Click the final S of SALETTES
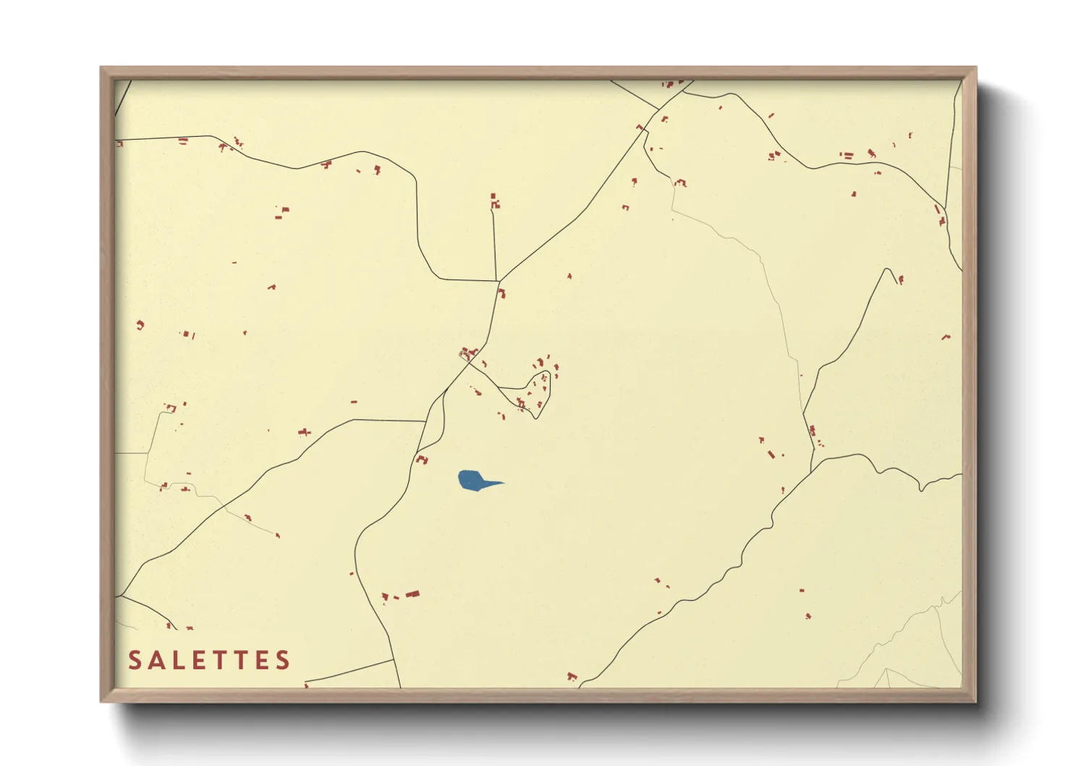point(282,660)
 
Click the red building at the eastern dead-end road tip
point(901,279)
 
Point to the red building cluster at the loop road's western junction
point(468,354)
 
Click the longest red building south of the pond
point(412,594)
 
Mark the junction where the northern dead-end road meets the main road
point(496,280)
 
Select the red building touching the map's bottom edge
point(572,678)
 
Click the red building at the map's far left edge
point(119,144)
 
